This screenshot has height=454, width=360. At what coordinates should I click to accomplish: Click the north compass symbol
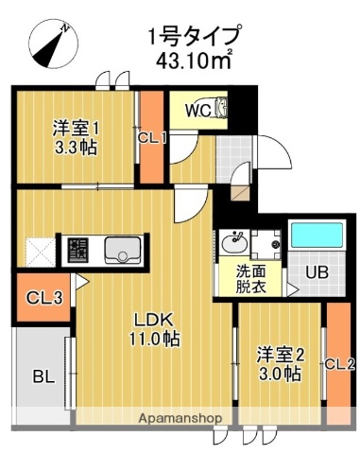click(50, 44)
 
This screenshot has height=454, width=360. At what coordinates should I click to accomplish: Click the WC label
click(197, 110)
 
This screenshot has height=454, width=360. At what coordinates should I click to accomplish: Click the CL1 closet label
click(152, 138)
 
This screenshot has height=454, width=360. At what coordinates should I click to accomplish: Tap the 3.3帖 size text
click(76, 148)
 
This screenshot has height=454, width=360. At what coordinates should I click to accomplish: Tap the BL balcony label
click(43, 377)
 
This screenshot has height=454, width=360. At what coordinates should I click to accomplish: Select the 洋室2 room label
click(279, 355)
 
